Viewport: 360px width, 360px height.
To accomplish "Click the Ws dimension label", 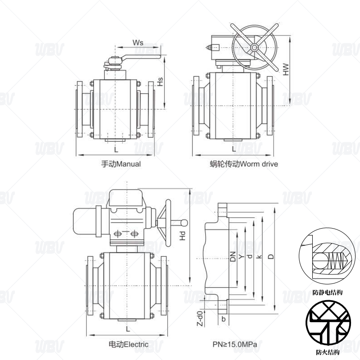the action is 138,43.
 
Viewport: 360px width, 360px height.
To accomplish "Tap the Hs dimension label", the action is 160,82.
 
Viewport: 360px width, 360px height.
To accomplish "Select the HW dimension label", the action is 286,69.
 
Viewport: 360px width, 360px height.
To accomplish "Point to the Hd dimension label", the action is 182,236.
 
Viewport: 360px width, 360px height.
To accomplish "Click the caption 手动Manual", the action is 121,164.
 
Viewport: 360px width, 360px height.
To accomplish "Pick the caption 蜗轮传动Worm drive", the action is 244,164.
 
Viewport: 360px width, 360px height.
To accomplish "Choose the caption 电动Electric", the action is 128,344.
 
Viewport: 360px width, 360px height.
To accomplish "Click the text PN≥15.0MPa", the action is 234,344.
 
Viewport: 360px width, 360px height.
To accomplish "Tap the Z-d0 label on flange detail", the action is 200,318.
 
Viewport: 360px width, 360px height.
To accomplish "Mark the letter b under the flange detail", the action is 223,319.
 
